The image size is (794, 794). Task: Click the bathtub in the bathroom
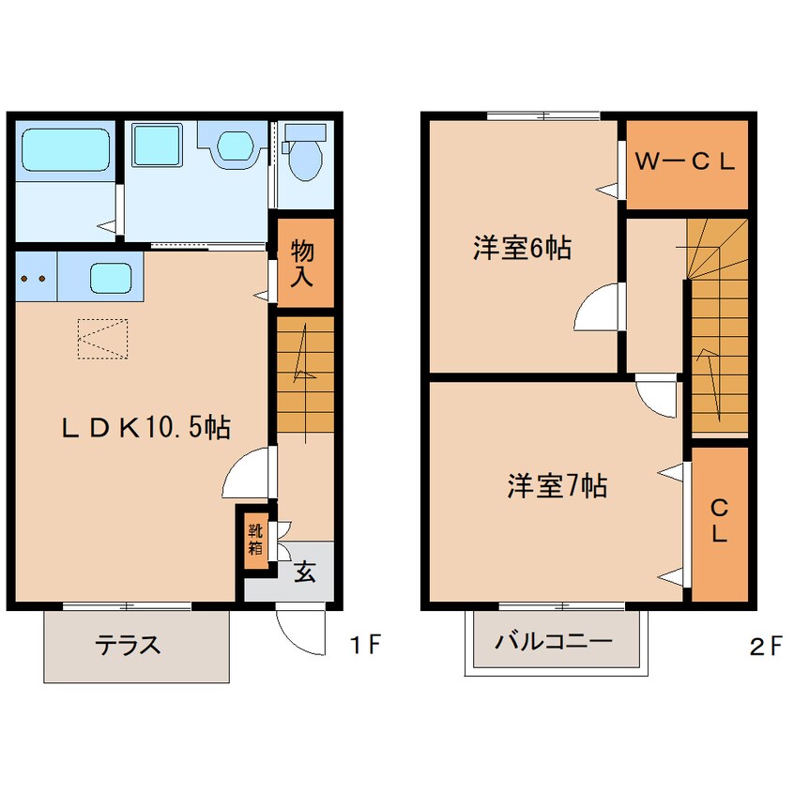point(66,150)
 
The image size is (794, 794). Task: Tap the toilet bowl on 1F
point(305,159)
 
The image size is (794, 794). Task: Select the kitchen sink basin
point(111,278)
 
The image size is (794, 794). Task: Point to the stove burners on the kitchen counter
point(34,278)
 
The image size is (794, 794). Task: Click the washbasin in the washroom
point(235,145)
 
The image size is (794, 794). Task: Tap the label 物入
point(302,265)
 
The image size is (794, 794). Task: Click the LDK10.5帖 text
point(145,428)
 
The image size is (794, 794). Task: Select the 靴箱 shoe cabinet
point(255,540)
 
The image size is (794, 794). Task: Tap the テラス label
point(129,645)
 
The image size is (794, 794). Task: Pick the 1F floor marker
point(364,644)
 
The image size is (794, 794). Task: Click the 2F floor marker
point(765,648)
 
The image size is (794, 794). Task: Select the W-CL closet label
point(684,161)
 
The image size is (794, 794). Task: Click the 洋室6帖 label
point(522,248)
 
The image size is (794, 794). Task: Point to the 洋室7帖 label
point(557,485)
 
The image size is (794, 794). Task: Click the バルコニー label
point(554,642)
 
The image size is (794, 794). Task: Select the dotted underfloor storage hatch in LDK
point(103,339)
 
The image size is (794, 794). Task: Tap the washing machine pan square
point(157,145)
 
